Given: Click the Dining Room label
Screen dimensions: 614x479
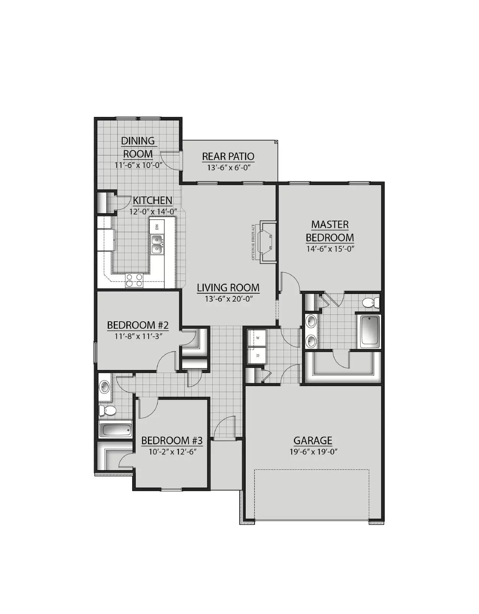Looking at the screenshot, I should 138,147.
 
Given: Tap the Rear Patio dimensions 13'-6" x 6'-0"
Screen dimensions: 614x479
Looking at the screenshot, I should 228,168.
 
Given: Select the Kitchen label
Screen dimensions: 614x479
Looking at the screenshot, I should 153,200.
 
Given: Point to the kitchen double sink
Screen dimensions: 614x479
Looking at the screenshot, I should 157,244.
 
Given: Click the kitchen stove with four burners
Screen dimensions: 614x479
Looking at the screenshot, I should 134,281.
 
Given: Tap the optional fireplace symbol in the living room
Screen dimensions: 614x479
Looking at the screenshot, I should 267,242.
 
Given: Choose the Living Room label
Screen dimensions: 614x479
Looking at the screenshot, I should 228,287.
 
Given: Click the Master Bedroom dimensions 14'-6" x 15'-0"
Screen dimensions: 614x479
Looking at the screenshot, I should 330,248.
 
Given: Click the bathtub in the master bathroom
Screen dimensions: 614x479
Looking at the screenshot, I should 369,332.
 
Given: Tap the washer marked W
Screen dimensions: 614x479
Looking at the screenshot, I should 258,338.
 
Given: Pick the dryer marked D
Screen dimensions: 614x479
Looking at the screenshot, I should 258,356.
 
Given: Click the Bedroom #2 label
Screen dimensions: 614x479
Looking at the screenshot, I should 138,325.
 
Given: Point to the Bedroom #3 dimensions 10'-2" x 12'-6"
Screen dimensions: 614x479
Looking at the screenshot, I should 172,452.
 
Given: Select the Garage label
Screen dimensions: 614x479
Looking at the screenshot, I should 313,440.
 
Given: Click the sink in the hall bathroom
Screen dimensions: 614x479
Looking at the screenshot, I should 104,386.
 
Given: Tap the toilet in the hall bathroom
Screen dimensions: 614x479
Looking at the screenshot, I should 107,411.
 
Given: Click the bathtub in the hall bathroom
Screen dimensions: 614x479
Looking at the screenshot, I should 115,430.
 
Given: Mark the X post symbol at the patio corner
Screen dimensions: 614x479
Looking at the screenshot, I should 276,142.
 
